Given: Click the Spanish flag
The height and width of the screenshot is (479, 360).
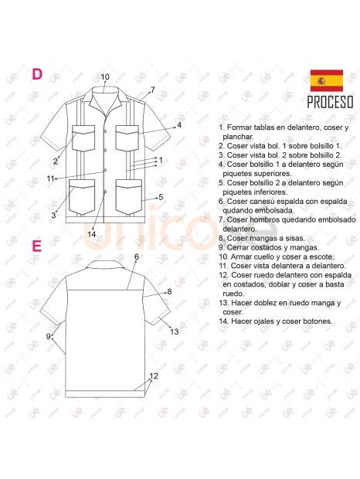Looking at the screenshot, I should tap(326, 80).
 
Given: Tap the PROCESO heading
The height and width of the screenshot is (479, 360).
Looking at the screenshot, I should tap(330, 102).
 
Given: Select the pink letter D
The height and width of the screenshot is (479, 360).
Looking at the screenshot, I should tap(36, 74).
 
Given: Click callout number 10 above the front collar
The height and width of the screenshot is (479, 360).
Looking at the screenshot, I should tap(105, 76).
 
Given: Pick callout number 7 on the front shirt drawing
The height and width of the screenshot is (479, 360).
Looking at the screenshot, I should tap(152, 90).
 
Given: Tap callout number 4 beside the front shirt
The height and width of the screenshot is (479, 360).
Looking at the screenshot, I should tap(178, 124).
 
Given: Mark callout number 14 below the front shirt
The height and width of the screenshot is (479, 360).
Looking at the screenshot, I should tap(91, 234).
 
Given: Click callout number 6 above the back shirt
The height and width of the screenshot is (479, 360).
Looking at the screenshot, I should tap(136, 256).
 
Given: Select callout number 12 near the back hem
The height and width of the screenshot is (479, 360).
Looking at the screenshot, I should tap(154, 376).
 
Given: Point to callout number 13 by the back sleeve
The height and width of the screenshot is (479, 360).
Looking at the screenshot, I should tap(175, 331).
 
